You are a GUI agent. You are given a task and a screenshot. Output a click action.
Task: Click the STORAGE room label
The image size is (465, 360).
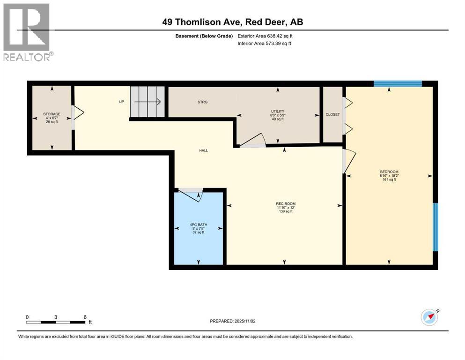coord(52,114)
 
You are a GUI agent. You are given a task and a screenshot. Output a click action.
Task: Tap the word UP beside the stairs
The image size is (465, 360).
coord(121,102)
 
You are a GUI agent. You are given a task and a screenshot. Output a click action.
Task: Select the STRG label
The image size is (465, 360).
coord(202,102)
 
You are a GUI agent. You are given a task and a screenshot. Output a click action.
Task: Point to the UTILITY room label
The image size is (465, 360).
coord(278,112)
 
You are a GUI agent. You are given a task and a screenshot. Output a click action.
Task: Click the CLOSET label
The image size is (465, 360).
coord(332,114)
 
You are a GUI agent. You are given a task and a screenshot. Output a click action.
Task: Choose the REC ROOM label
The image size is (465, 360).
coord(285,203)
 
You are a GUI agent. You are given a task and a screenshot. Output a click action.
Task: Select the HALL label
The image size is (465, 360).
coord(203,150)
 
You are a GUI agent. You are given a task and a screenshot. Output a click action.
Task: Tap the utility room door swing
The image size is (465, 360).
coord(253,140)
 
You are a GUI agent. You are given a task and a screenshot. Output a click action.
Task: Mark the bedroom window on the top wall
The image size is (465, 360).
coord(398,84)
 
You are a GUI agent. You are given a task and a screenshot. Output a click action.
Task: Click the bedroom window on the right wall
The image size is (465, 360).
coord(435,227)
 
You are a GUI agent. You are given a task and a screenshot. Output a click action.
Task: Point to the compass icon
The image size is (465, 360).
coord(429,317)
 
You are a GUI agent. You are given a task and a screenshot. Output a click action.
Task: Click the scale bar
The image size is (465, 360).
coord(56,322)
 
